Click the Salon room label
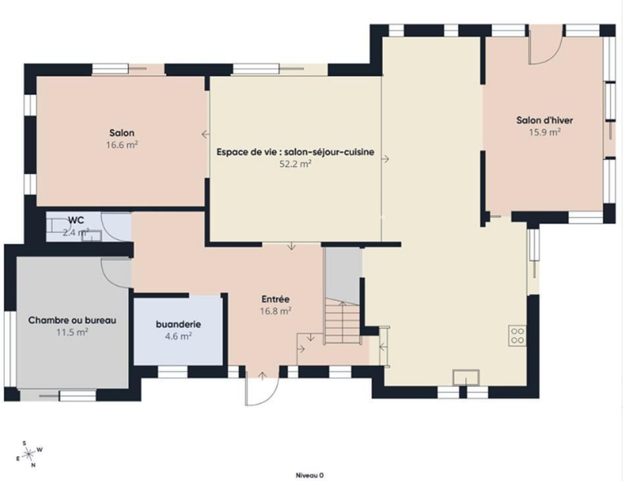coord(122,133)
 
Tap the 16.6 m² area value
coord(122,145)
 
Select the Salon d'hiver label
coord(545,121)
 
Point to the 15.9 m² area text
coord(545,132)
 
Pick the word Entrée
coord(276,299)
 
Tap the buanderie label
coord(178,325)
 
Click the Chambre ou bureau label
coord(72,320)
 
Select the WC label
coord(76,220)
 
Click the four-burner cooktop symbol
coord(517,336)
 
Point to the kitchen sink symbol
coord(466,377)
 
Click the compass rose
coord(29,454)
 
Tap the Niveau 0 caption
coord(310,476)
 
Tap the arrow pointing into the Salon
coord(205,134)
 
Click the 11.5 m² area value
coord(72,332)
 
